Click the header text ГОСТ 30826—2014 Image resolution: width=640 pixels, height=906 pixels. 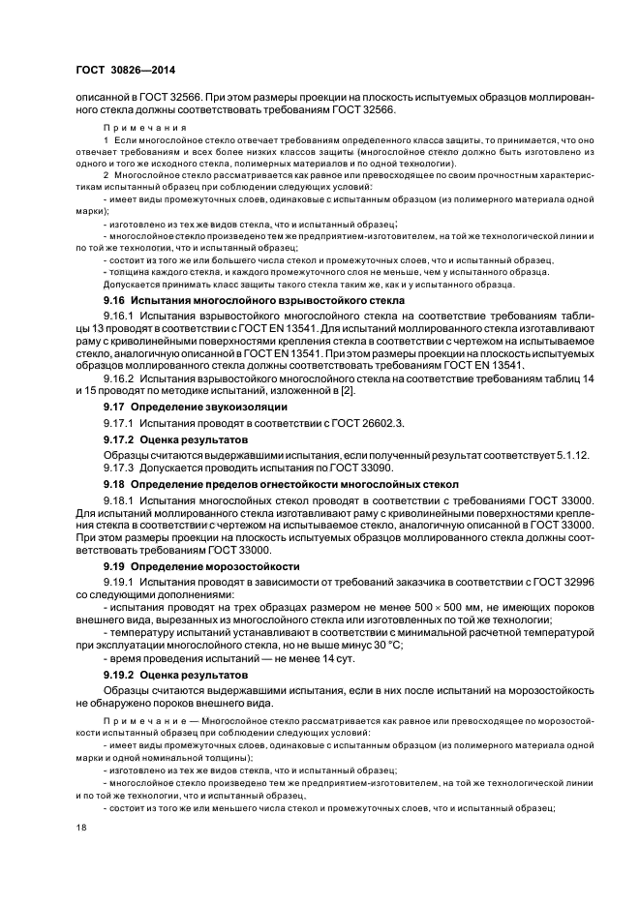pyautogui.click(x=118, y=69)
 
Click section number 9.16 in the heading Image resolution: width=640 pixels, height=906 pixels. pyautogui.click(x=115, y=302)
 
